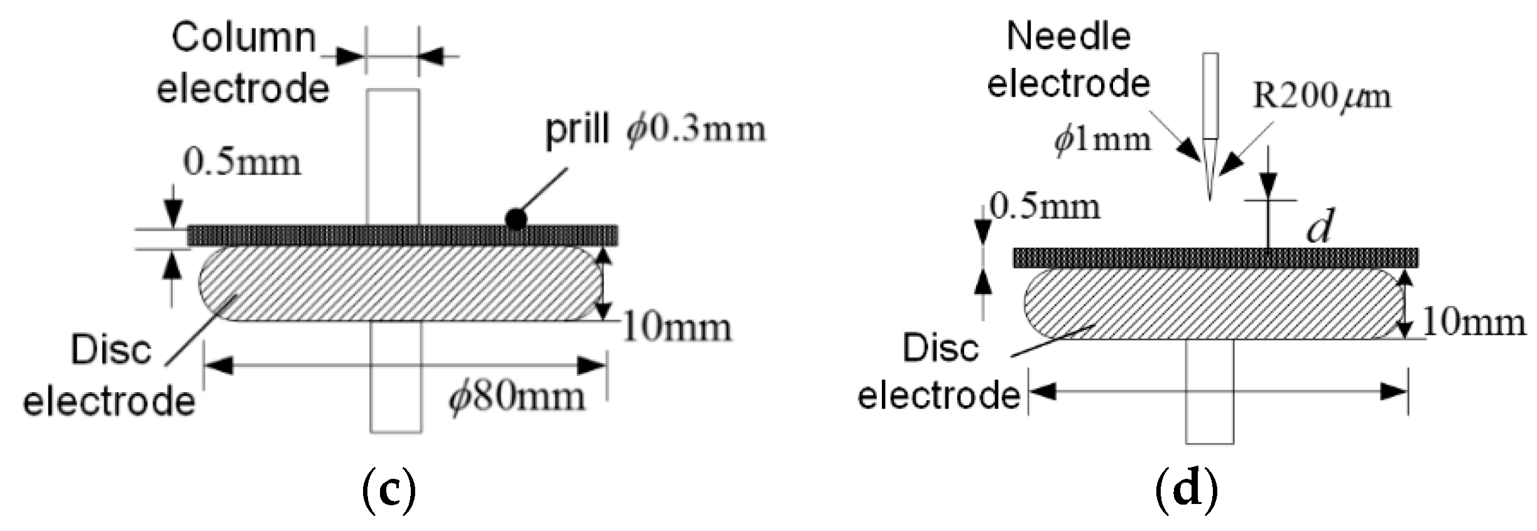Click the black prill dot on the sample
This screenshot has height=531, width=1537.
[x=516, y=219]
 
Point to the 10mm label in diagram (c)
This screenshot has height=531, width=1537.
[x=677, y=328]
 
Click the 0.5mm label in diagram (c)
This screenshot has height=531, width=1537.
[x=242, y=163]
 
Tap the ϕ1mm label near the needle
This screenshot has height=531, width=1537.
[x=1103, y=140]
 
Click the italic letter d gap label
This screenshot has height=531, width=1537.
[x=1318, y=227]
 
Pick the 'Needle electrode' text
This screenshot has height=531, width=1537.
[x=1068, y=60]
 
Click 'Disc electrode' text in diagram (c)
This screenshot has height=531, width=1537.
[x=110, y=375]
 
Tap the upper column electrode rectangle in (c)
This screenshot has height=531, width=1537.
[x=393, y=157]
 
